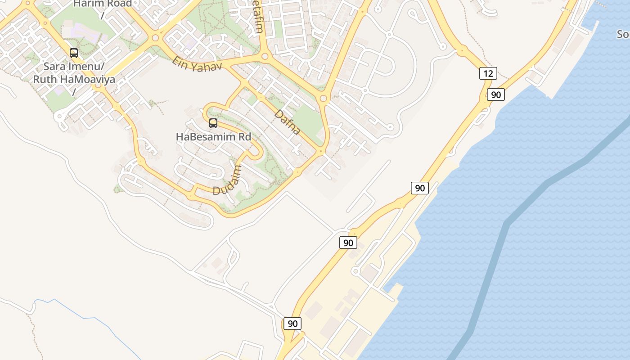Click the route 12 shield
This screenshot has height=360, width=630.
click(x=488, y=73)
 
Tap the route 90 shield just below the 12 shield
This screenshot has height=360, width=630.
click(x=495, y=94)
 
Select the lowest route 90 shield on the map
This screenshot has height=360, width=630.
click(x=292, y=324)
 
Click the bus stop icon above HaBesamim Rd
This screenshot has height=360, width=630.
click(x=213, y=123)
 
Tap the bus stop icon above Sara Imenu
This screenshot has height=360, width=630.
click(x=74, y=53)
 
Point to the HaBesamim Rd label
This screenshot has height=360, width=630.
click(x=213, y=136)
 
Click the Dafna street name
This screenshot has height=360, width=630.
click(x=287, y=122)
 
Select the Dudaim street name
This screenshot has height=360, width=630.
click(x=227, y=180)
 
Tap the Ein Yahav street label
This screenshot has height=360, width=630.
click(x=197, y=63)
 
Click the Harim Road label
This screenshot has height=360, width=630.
click(x=103, y=4)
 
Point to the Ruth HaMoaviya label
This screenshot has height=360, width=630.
click(x=74, y=80)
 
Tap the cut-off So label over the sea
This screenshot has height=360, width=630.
click(x=623, y=35)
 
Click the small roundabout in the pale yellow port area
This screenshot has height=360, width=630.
click(x=355, y=271)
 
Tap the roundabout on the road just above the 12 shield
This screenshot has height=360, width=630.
click(x=462, y=51)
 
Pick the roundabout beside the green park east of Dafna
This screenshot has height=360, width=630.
click(x=323, y=98)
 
